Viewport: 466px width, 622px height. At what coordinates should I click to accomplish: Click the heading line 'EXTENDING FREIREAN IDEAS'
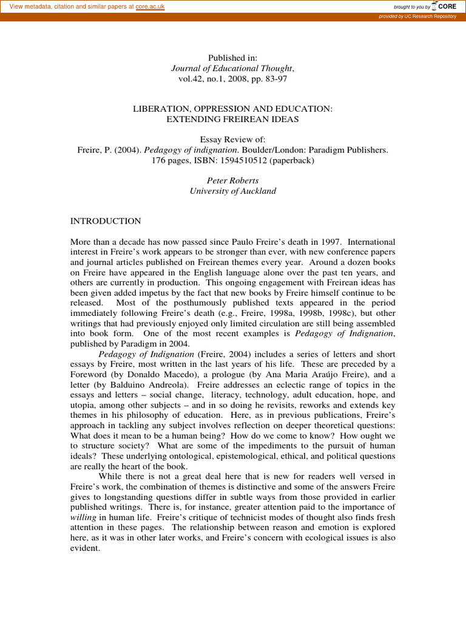232,119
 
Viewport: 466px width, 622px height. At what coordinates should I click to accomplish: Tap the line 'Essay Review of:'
232,139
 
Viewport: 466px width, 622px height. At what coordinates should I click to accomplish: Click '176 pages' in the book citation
170,160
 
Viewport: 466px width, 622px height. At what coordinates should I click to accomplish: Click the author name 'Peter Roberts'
232,180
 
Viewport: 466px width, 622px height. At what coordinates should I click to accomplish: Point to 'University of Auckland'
232,191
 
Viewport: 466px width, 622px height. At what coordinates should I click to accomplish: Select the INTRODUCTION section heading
106,221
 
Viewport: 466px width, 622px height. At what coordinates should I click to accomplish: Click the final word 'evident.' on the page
85,548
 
